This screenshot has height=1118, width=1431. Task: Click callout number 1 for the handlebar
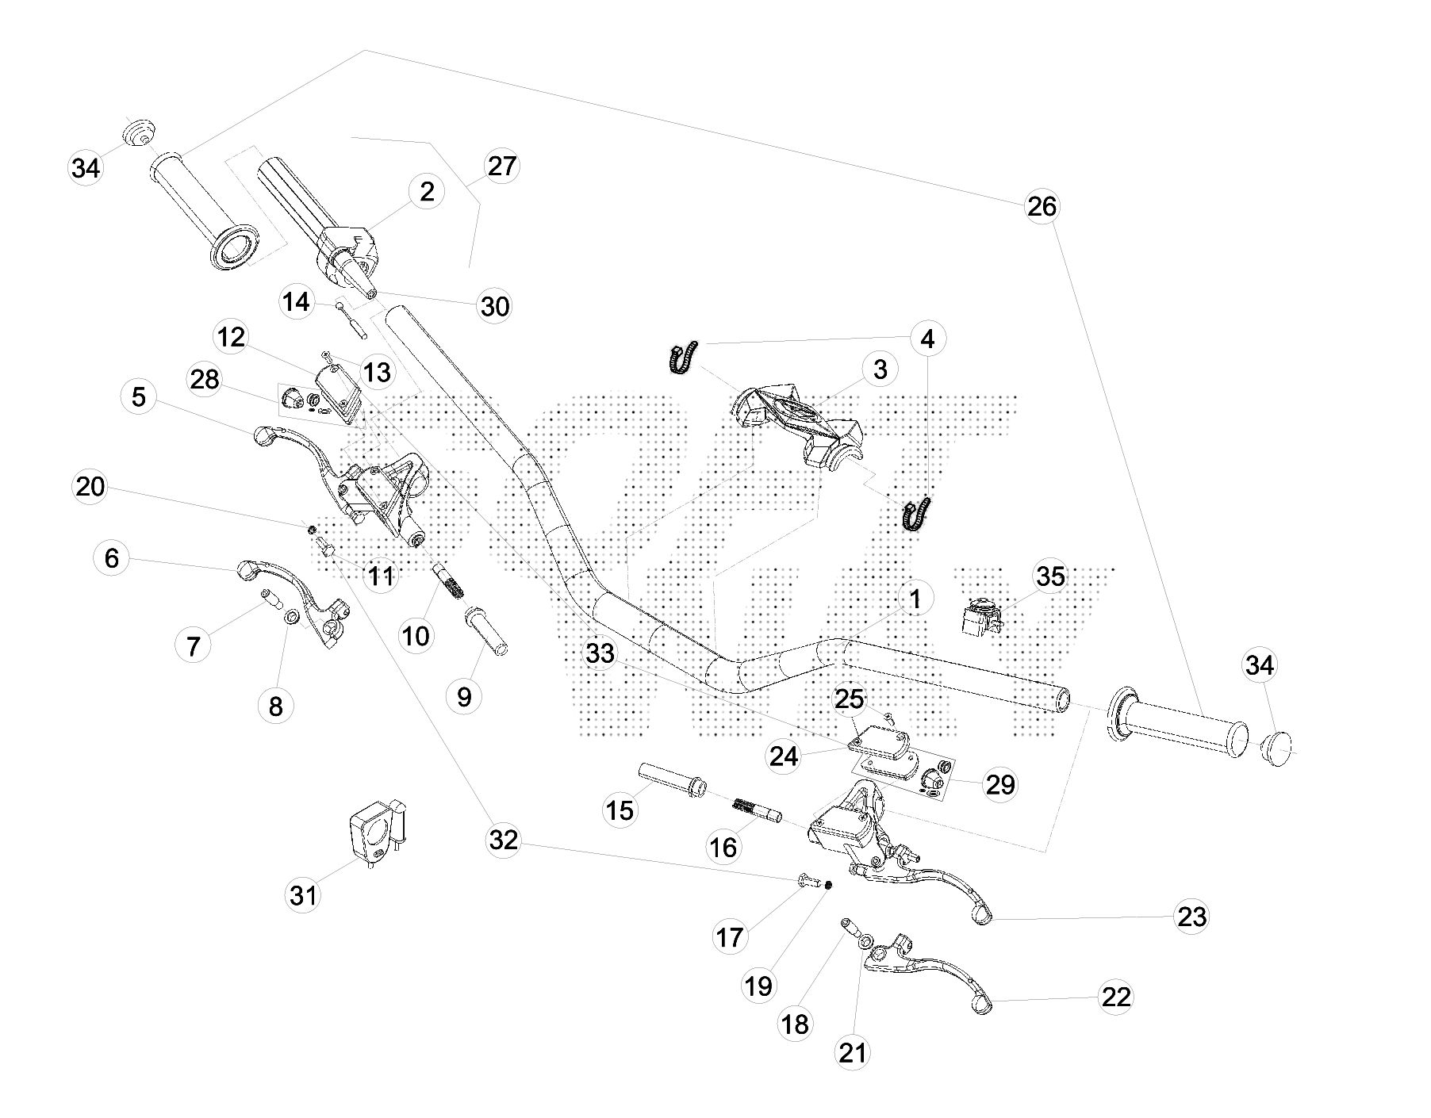(915, 599)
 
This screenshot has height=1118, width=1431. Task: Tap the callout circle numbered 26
(1042, 206)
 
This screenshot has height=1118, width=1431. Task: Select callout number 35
(1051, 576)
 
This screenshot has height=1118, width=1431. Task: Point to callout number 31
(303, 895)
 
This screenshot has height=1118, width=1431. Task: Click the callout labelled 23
(1192, 917)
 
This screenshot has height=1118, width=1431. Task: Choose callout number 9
(464, 696)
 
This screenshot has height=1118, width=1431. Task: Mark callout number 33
(600, 654)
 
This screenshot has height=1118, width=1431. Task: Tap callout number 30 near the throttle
(495, 306)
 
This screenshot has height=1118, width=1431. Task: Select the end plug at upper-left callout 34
(139, 132)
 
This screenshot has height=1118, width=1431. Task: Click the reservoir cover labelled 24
(880, 739)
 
